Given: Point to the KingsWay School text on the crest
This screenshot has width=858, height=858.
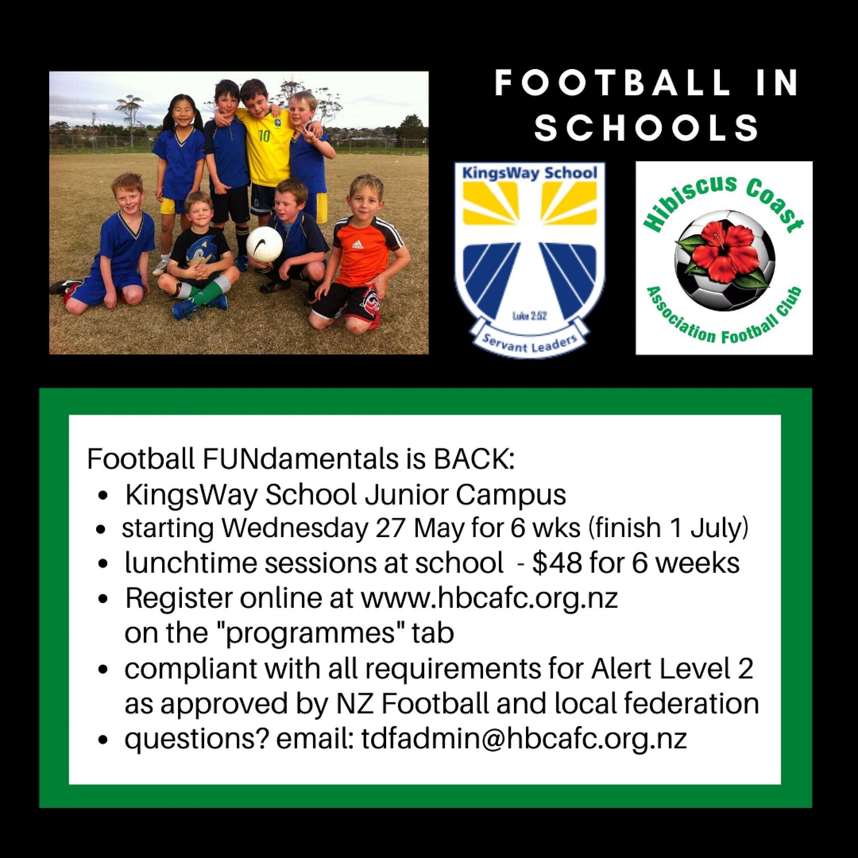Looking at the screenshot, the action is [x=530, y=173].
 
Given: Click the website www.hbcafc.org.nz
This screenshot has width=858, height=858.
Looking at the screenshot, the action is [x=489, y=598].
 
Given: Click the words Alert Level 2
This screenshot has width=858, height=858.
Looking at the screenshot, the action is [x=672, y=669].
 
